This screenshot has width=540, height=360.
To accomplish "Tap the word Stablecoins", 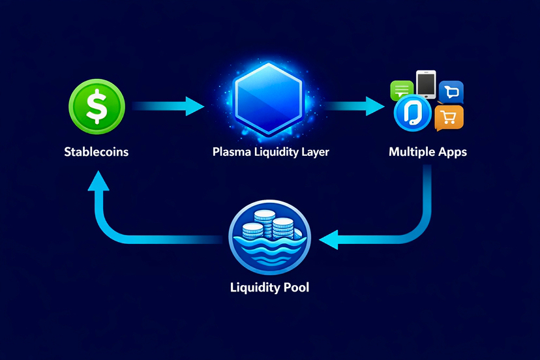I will (97, 152).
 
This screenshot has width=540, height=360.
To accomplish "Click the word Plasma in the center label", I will (231, 153).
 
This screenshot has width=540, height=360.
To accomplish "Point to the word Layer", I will (313, 153).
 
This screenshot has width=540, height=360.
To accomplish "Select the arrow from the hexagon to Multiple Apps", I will (355, 106).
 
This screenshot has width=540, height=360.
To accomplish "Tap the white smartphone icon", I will (425, 85).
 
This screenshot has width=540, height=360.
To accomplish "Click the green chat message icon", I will (400, 90).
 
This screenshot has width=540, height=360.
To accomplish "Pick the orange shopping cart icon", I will (449, 117).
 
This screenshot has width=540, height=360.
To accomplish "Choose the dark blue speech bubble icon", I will (451, 92).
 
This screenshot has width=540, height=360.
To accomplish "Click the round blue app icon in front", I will (413, 112).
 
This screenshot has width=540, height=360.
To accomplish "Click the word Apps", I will (452, 153).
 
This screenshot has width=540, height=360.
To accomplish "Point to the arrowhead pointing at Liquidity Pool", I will (330, 239).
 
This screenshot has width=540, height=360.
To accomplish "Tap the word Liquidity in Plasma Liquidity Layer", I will (273, 153).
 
